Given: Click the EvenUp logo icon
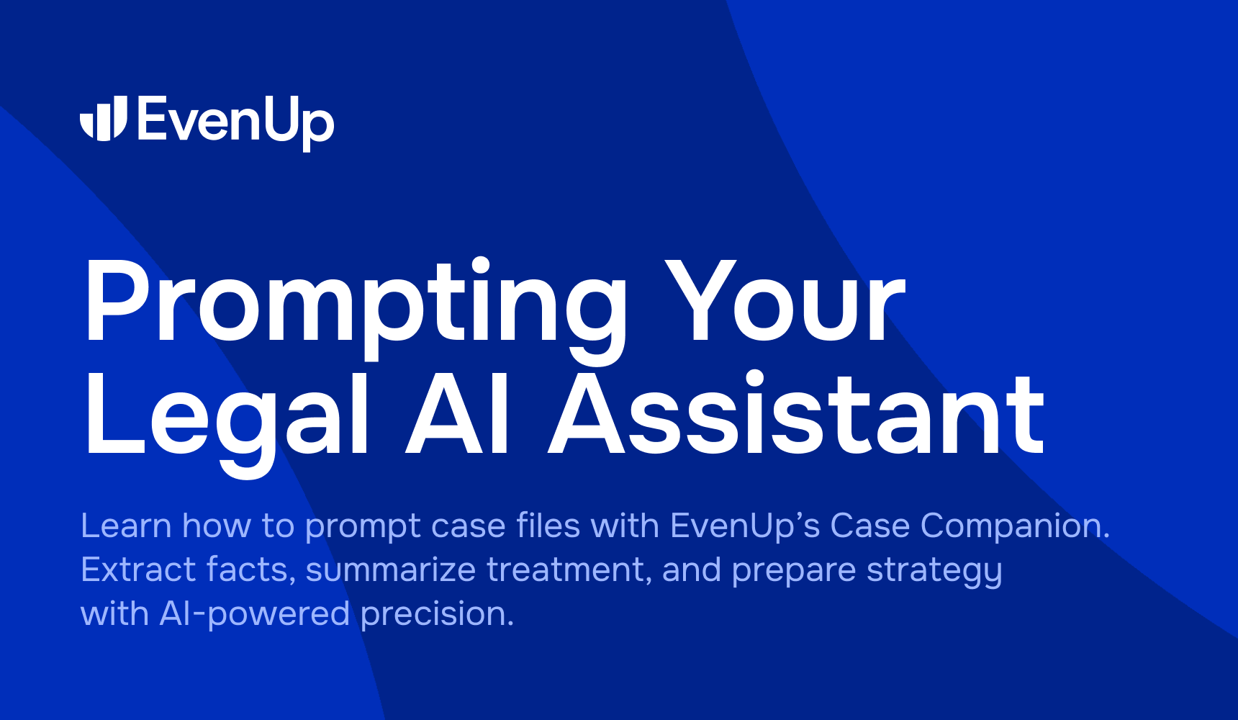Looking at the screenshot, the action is tap(104, 118).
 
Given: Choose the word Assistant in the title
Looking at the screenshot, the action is tap(796, 415).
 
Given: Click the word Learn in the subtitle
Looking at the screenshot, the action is tap(126, 526).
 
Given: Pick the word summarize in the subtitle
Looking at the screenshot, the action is tap(391, 570).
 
